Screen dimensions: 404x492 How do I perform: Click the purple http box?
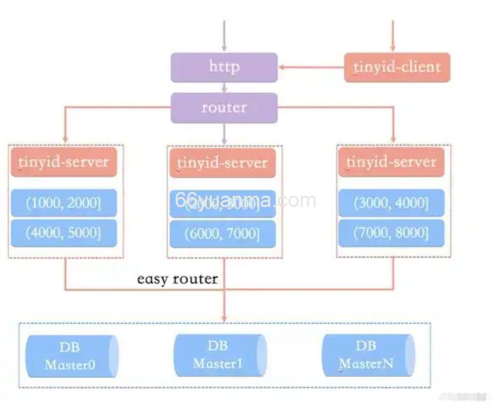coord(224,67)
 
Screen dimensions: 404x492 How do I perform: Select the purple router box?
coord(224,107)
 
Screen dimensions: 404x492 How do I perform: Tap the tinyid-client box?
coord(397,67)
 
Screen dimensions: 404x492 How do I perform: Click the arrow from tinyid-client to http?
coord(311,67)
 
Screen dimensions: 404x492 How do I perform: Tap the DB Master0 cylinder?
coord(72,356)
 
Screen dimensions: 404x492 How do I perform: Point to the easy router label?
coord(177,279)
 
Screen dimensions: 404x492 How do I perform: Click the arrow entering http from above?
coord(224,35)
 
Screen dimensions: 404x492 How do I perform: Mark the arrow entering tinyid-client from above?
coord(393,35)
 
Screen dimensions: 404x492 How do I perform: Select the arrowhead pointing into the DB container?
coord(224,317)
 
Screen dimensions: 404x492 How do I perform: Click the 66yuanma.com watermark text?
coord(245,201)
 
